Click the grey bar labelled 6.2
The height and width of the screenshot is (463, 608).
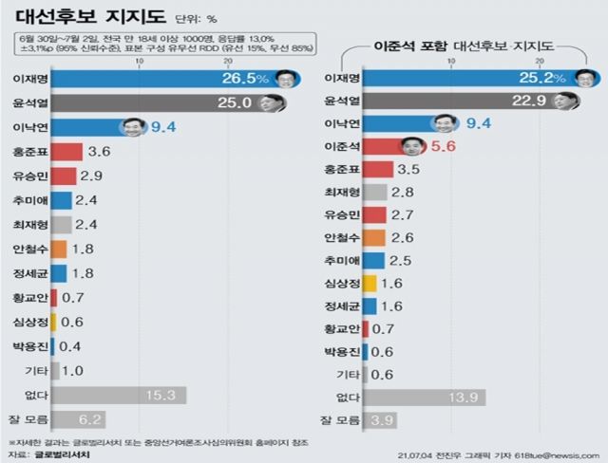(x=76, y=418)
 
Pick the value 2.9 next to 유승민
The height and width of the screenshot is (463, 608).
(x=92, y=176)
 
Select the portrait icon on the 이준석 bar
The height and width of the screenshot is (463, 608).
(x=410, y=145)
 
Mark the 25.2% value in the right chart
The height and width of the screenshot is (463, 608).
(x=544, y=77)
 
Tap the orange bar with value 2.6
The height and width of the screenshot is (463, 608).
(x=373, y=237)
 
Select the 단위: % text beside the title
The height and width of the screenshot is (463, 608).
(x=199, y=18)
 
